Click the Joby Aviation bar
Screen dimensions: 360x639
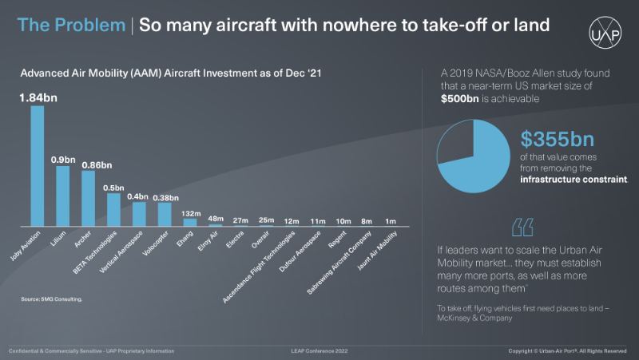(38, 165)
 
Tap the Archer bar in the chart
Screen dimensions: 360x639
(88, 198)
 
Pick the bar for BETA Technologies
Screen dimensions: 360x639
(113, 210)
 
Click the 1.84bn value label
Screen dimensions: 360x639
(38, 97)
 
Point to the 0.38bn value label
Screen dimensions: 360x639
(165, 197)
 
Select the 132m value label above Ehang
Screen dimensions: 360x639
(190, 213)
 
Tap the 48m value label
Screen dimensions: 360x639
(216, 218)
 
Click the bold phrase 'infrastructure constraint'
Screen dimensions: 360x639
(574, 180)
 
